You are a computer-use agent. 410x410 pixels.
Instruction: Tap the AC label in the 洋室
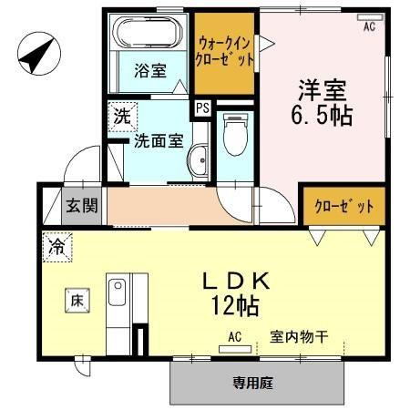tap(369, 27)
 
